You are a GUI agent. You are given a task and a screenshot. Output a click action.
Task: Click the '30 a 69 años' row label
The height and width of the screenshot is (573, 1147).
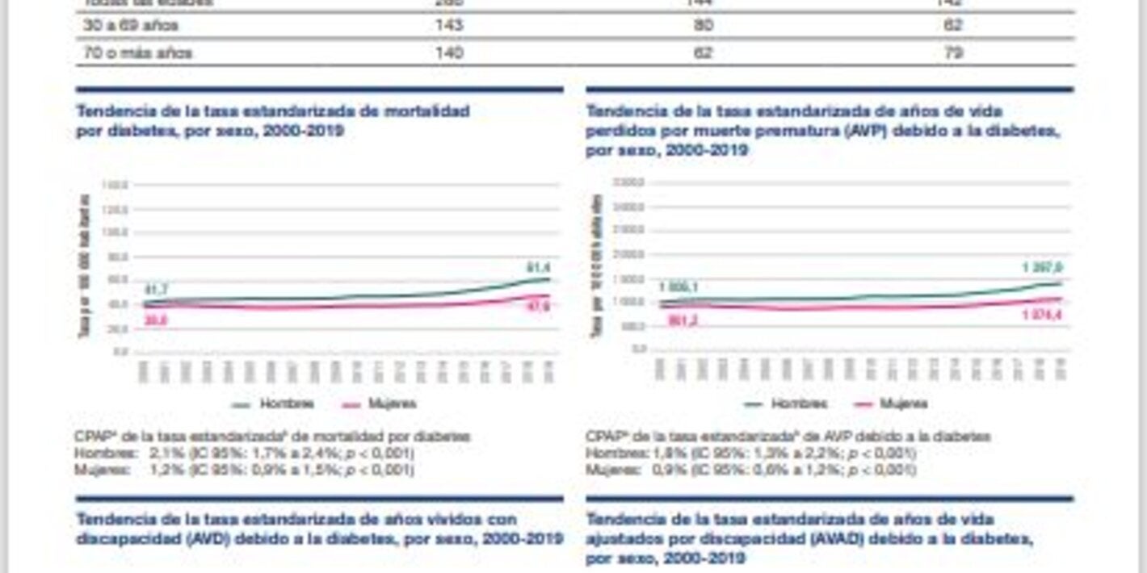pyautogui.click(x=130, y=26)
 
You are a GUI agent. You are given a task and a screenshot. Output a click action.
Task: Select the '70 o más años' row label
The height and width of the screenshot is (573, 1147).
pyautogui.click(x=137, y=53)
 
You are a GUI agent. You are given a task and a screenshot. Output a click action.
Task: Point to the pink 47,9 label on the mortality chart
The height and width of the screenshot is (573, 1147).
pyautogui.click(x=537, y=306)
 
